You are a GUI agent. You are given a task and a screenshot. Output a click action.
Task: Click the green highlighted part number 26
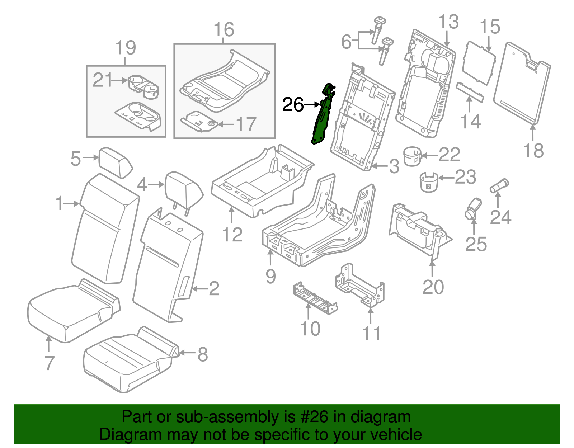321,118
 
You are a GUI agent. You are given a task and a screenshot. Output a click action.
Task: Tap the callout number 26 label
293,105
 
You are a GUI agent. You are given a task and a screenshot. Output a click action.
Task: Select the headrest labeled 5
116,162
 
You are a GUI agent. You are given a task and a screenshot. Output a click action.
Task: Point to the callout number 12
232,235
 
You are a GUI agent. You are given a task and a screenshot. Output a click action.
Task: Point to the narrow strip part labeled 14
470,92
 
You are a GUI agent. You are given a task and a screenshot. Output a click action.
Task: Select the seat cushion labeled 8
131,359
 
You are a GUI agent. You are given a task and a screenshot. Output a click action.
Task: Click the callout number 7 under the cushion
49,363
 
